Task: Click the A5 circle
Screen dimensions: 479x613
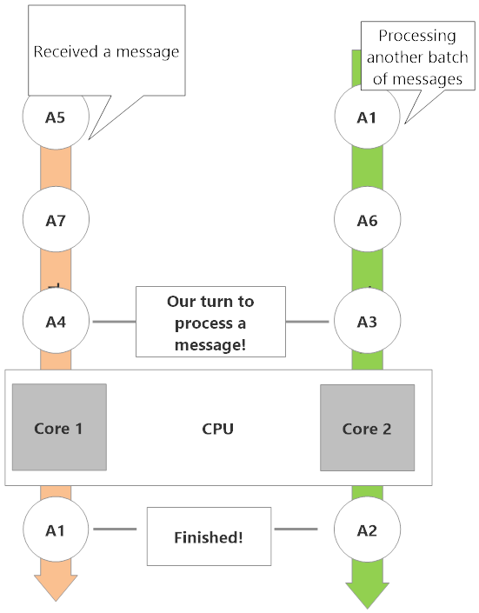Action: pyautogui.click(x=56, y=117)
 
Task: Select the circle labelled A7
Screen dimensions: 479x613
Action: pyautogui.click(x=56, y=219)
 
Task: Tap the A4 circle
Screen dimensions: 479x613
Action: pyautogui.click(x=56, y=321)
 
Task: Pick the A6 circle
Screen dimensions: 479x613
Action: pyautogui.click(x=367, y=219)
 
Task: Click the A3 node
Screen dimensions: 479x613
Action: pyautogui.click(x=367, y=321)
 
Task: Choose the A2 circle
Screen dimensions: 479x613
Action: pyautogui.click(x=367, y=530)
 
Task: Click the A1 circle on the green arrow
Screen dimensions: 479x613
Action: pyautogui.click(x=367, y=117)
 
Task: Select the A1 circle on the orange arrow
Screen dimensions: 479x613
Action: pyautogui.click(x=56, y=530)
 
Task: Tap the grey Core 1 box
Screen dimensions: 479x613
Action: pyautogui.click(x=59, y=427)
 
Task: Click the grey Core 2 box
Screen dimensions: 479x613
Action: pyautogui.click(x=367, y=428)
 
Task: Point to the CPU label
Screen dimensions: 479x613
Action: pyautogui.click(x=218, y=429)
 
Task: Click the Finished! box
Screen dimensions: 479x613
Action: pyautogui.click(x=209, y=536)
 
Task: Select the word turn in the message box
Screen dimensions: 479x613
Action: pyautogui.click(x=216, y=302)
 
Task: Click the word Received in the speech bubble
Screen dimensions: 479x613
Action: pyautogui.click(x=66, y=51)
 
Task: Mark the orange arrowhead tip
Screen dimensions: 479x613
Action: pyautogui.click(x=56, y=602)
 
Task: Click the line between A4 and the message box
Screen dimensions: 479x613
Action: pyautogui.click(x=114, y=322)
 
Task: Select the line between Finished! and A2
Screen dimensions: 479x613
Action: pyautogui.click(x=296, y=529)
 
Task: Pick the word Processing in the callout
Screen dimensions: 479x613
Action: pyautogui.click(x=417, y=36)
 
